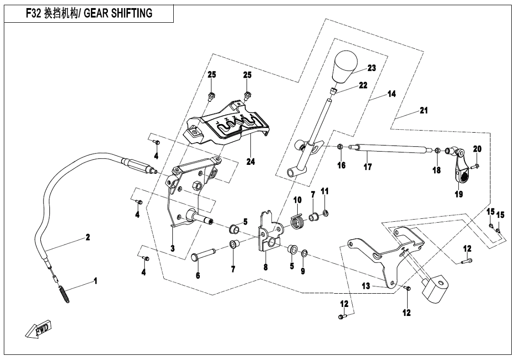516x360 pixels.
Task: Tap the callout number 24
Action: pos(250,162)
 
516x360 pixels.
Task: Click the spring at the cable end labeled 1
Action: pos(64,291)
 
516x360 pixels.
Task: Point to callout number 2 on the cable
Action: pos(88,238)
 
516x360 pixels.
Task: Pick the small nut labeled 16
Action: pos(340,147)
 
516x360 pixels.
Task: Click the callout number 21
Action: pos(423,110)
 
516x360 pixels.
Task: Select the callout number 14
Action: pos(391,94)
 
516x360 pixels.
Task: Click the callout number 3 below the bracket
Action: pos(172,248)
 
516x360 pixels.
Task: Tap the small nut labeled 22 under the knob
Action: pos(334,90)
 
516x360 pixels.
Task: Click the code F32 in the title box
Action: pos(33,13)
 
